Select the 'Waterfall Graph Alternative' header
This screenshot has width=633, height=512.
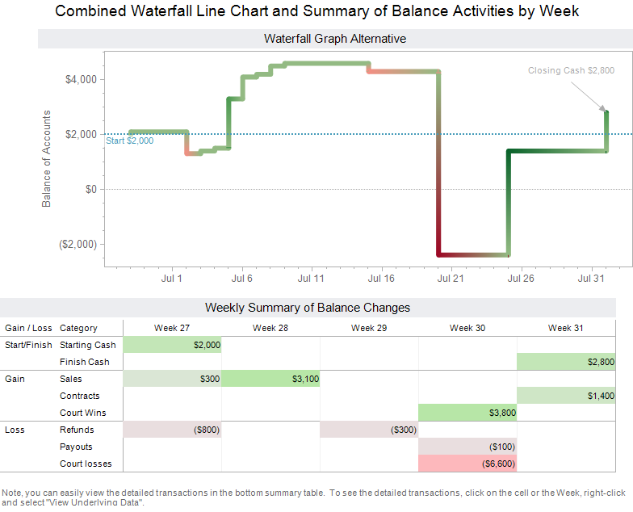pos(334,39)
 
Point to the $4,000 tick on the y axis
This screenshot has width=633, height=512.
pos(81,79)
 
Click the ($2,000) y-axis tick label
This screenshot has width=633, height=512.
pos(78,244)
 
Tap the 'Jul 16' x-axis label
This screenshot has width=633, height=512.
pos(380,279)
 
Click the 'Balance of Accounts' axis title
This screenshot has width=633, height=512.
pos(46,158)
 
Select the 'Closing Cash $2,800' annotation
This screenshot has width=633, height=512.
pos(571,70)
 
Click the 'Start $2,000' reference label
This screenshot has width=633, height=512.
pos(129,141)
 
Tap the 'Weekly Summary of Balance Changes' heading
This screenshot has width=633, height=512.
pos(307,308)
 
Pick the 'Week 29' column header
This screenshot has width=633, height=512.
pos(369,328)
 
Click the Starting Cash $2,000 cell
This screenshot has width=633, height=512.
pos(172,345)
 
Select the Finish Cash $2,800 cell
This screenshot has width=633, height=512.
pos(566,362)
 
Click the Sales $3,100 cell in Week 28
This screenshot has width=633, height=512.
pos(270,379)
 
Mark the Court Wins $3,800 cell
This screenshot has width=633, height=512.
pos(467,413)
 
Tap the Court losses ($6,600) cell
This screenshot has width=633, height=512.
pos(467,464)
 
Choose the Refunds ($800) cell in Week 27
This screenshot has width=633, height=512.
pos(172,430)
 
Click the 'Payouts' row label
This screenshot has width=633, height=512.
pos(76,447)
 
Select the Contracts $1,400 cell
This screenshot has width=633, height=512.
pos(566,396)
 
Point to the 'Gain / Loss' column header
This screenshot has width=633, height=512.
pos(28,328)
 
